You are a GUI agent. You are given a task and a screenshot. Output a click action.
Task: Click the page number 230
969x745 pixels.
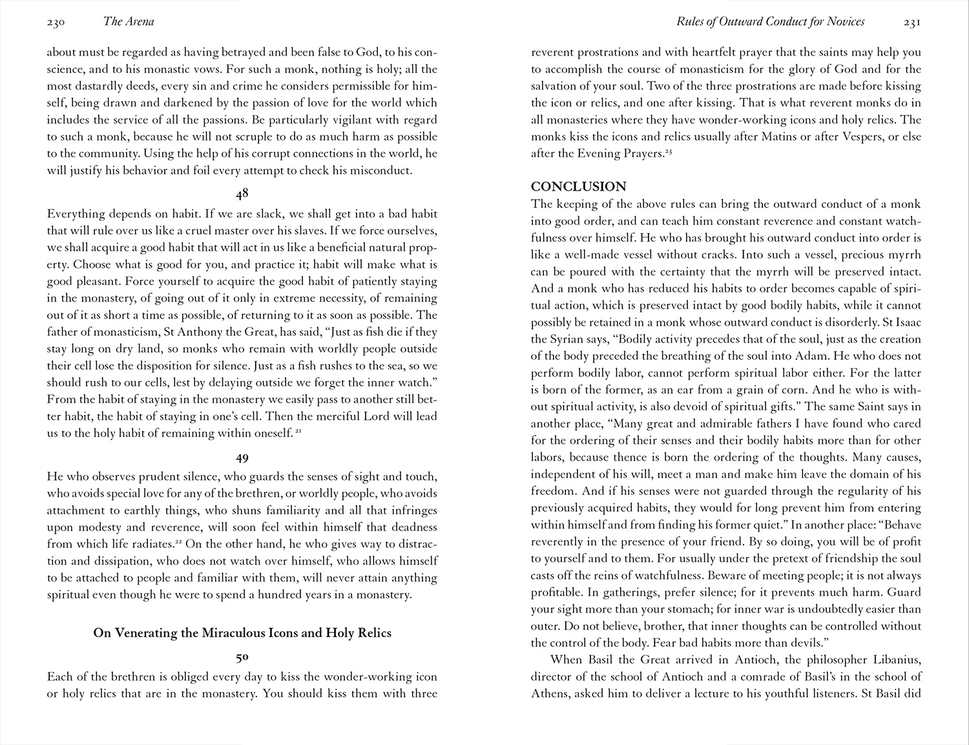(56, 23)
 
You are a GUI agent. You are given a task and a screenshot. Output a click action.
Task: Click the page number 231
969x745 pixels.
(912, 23)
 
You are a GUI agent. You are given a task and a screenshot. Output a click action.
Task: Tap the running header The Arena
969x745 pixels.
(129, 22)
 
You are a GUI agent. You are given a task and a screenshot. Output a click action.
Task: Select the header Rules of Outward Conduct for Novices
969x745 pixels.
(770, 22)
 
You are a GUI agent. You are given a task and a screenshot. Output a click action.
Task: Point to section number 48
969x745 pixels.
(242, 193)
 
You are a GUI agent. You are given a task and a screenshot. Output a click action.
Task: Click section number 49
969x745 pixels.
(242, 458)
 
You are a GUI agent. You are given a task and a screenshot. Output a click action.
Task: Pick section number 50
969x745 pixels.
(242, 658)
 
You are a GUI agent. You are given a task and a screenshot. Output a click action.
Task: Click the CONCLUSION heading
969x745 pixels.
(578, 187)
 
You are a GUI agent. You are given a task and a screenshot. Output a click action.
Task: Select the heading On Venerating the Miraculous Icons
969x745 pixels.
(242, 633)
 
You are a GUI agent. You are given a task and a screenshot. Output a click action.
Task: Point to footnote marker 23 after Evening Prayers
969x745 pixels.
(669, 152)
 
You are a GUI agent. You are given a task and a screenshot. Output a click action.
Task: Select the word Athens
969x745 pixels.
(550, 694)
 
